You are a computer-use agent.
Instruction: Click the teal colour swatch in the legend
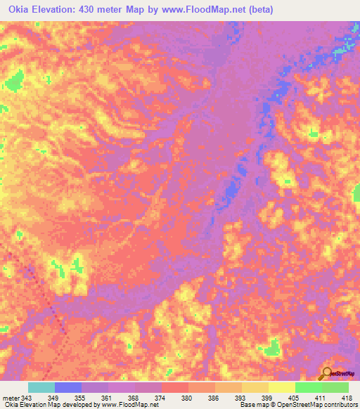click(41, 388)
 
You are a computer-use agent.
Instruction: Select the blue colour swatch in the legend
click(68, 388)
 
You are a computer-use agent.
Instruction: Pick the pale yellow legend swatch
click(281, 388)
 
